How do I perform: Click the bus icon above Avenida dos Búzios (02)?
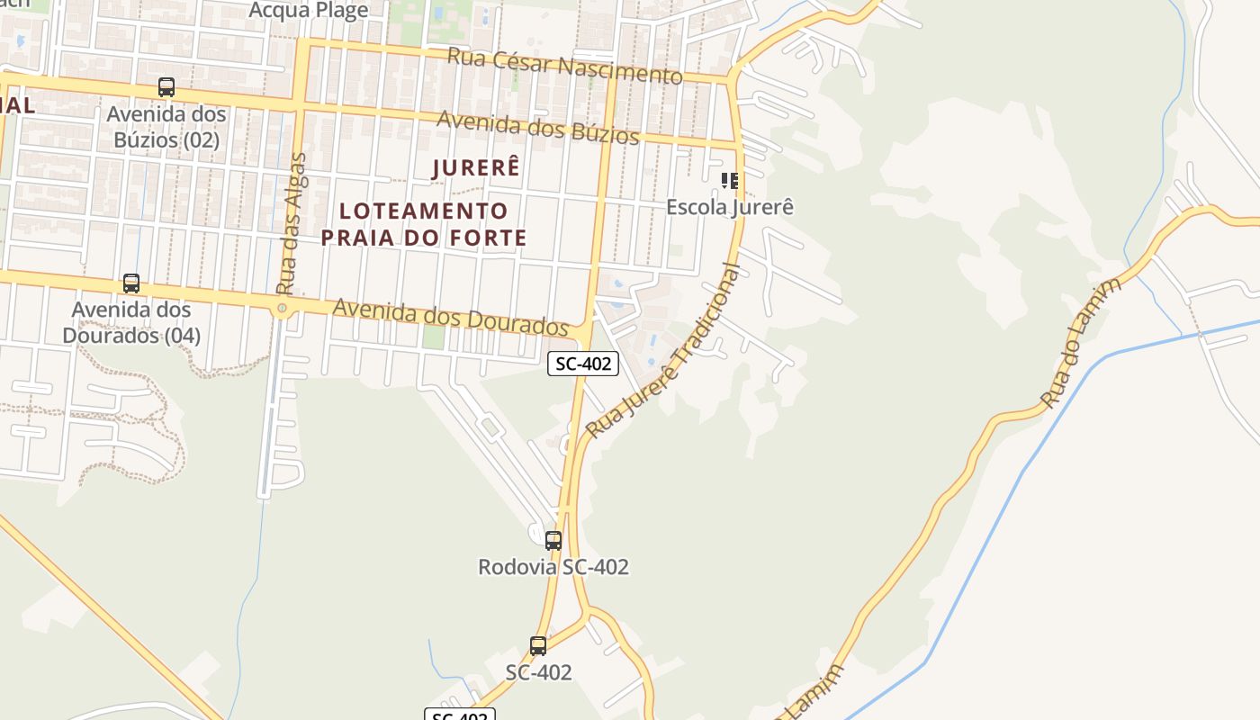click(x=166, y=87)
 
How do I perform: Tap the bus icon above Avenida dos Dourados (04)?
click(x=131, y=283)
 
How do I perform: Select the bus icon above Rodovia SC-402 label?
click(x=553, y=541)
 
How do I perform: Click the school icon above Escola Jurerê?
click(x=730, y=181)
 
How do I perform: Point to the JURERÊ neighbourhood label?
click(x=476, y=168)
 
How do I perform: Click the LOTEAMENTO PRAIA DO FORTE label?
click(x=424, y=224)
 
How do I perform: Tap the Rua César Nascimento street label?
click(x=564, y=66)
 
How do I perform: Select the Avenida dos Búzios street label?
click(x=537, y=127)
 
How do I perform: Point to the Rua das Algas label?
click(x=292, y=224)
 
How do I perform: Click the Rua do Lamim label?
click(x=1081, y=343)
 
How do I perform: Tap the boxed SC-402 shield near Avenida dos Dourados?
click(x=583, y=364)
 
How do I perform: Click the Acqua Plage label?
click(x=308, y=11)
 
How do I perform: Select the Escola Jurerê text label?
click(x=730, y=207)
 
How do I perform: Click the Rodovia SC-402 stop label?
click(x=553, y=567)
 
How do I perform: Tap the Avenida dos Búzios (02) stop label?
click(x=166, y=127)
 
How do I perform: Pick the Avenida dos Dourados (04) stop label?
click(x=131, y=322)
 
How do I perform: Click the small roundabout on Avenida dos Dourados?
click(x=283, y=309)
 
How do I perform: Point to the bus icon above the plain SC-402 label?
click(x=538, y=645)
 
